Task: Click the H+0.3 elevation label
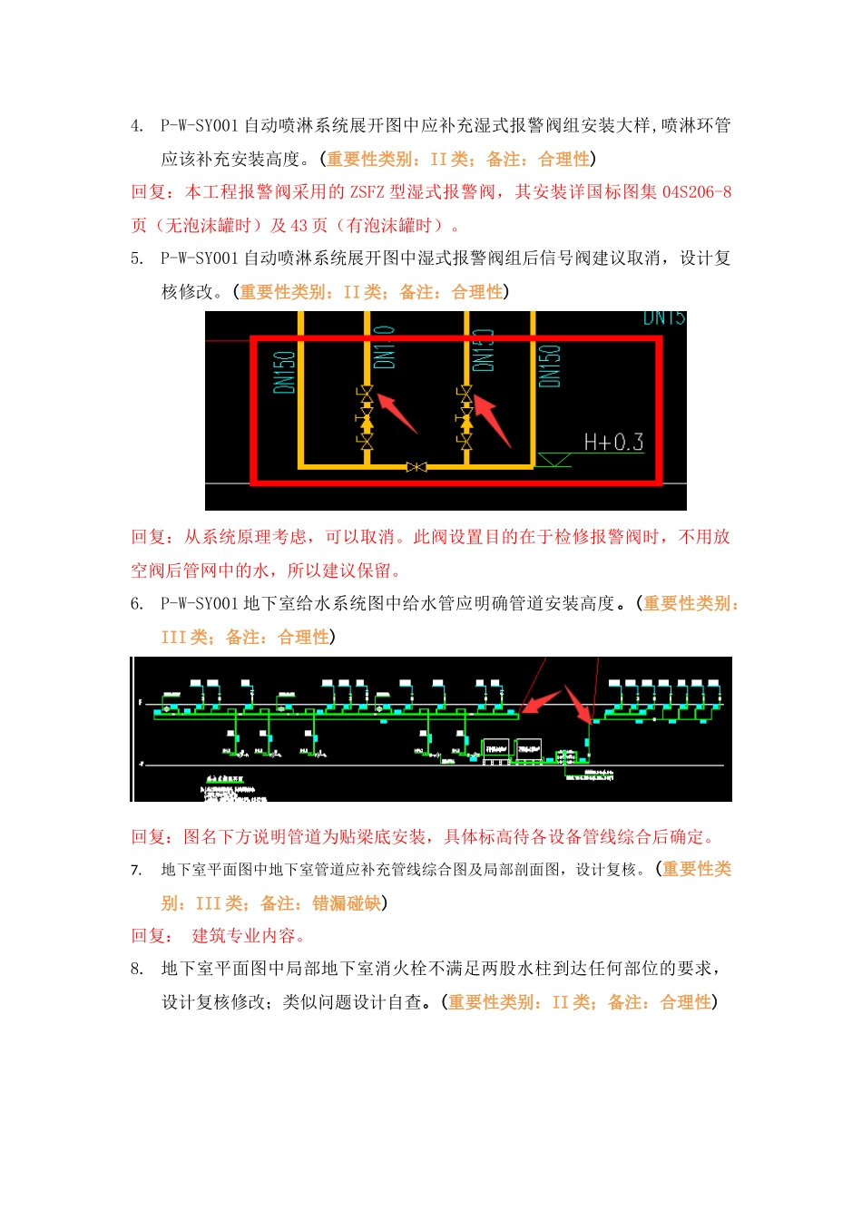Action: (613, 443)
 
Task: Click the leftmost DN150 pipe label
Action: (284, 372)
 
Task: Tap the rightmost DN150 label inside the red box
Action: (550, 366)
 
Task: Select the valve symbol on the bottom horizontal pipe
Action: (416, 467)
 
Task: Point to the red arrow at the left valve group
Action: (397, 413)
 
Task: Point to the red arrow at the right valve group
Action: (494, 419)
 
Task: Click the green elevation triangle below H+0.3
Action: (553, 460)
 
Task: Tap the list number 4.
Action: (137, 126)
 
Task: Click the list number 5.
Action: (137, 258)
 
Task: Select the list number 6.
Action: (137, 604)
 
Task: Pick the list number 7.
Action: (137, 871)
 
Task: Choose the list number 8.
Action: (137, 970)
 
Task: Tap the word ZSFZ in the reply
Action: (368, 192)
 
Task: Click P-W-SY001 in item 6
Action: (200, 604)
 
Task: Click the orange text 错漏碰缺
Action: (347, 903)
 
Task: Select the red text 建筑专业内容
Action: (244, 936)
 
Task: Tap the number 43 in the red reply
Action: (299, 226)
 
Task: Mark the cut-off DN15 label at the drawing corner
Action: (664, 318)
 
